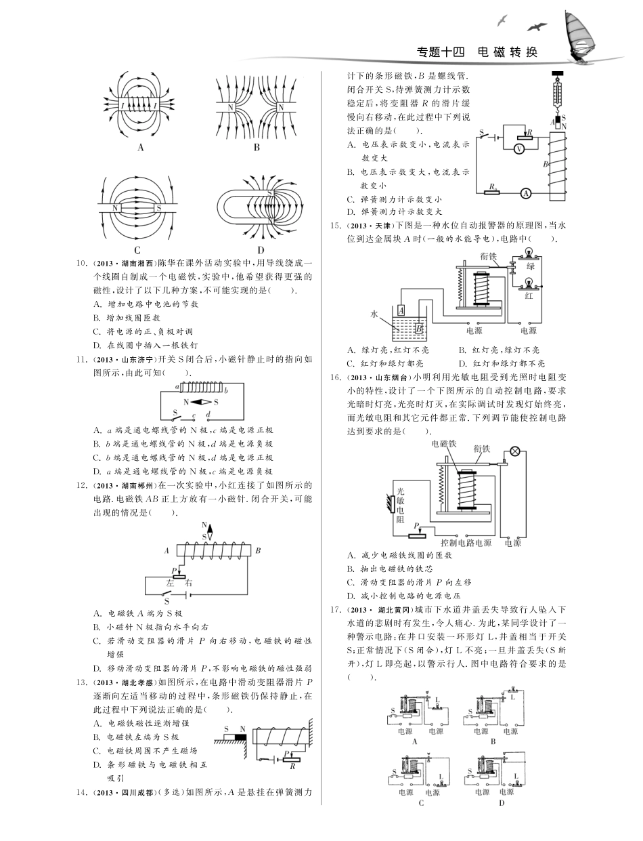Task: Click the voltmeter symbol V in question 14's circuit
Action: (x=519, y=148)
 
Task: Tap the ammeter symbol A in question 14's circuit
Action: (x=525, y=193)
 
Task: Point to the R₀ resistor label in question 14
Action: (x=493, y=185)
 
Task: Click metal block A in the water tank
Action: (x=401, y=309)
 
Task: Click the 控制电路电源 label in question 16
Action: (x=466, y=543)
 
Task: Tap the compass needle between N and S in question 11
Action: (x=199, y=403)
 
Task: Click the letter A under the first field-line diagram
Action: (x=141, y=148)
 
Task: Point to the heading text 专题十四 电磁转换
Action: (x=476, y=52)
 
